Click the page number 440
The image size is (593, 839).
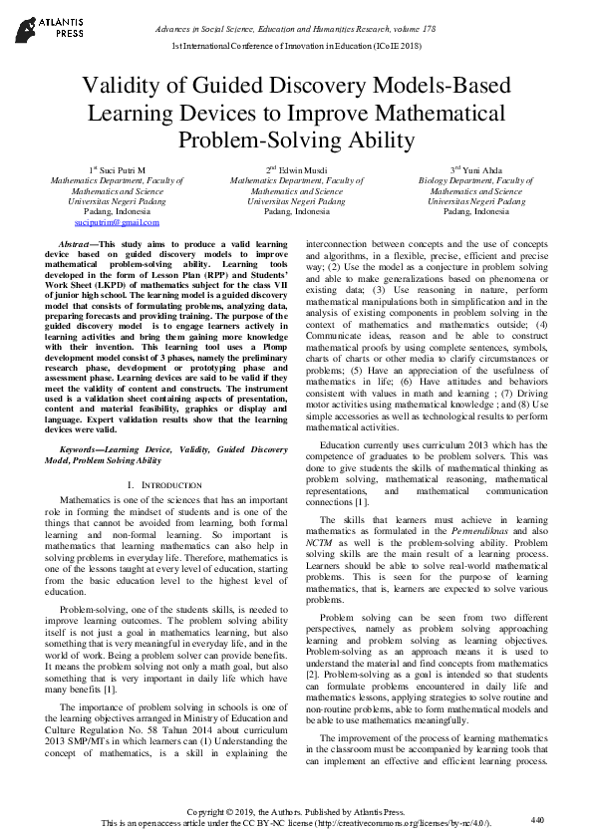(538, 819)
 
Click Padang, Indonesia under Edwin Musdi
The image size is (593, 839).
(297, 212)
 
